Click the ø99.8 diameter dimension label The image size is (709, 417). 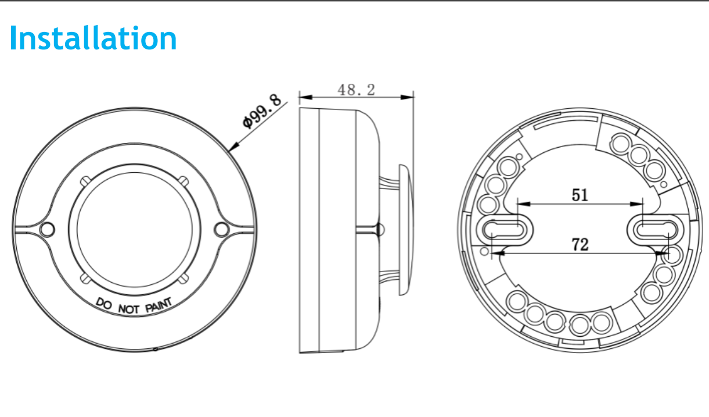[262, 111]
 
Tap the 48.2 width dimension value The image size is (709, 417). [357, 90]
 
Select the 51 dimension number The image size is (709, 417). [580, 195]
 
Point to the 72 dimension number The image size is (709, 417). [580, 244]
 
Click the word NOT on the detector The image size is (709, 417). [128, 309]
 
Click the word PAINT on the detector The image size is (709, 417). [159, 305]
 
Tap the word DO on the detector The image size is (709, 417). [104, 304]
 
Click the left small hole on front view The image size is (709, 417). [47, 229]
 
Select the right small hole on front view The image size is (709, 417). [221, 229]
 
